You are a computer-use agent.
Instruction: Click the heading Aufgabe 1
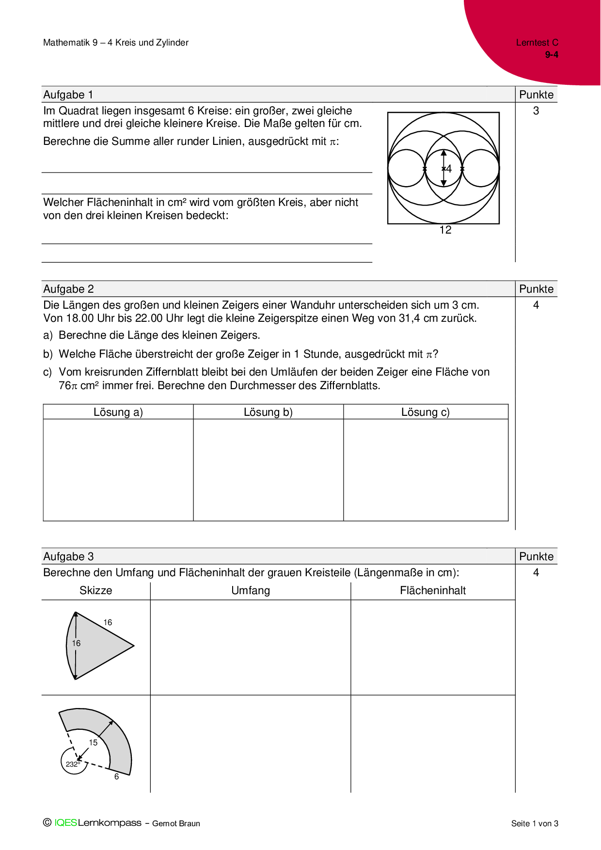(68, 94)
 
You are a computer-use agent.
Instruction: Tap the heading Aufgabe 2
(68, 289)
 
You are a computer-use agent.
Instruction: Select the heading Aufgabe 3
(68, 556)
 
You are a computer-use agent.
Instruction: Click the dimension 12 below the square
(445, 230)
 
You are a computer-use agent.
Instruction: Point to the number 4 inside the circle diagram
(449, 169)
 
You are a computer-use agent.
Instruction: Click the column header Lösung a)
(118, 412)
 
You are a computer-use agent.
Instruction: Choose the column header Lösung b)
(268, 412)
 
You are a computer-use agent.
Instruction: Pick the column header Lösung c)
(426, 412)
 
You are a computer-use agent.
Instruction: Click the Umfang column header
(251, 590)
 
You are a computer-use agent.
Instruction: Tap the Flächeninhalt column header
(433, 590)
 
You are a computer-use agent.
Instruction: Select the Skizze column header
(96, 590)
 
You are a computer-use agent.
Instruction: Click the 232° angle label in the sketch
(73, 764)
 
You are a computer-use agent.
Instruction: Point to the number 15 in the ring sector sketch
(93, 742)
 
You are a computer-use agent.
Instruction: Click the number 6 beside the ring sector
(116, 776)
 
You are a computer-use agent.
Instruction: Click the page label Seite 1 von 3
(535, 823)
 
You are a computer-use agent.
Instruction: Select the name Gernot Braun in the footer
(176, 823)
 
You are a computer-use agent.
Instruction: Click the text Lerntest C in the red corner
(537, 43)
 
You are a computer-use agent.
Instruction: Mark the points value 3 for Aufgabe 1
(536, 111)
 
